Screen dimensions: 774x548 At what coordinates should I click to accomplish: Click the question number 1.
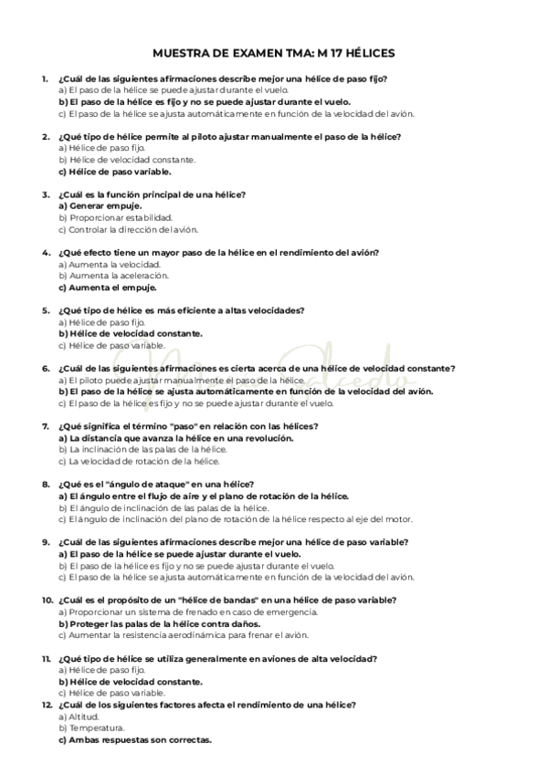coord(45,79)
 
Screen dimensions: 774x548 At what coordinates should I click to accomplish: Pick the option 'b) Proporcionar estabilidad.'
coord(115,217)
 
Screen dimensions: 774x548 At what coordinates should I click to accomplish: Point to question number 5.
coord(45,310)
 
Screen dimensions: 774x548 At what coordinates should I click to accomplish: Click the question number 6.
coord(45,368)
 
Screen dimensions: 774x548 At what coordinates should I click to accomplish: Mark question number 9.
coord(45,542)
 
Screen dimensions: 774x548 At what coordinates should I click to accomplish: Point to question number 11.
coord(45,658)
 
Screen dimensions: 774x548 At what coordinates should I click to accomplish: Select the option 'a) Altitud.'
coord(79,716)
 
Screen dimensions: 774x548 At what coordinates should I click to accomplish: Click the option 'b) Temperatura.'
coord(90,727)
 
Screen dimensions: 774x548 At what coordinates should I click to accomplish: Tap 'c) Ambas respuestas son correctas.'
coord(134,739)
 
